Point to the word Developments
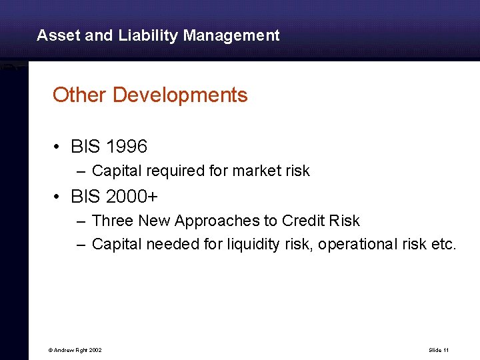(x=180, y=95)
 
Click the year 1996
(x=126, y=145)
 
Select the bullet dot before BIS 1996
(x=58, y=146)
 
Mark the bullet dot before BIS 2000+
(x=58, y=197)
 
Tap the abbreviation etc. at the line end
(x=443, y=244)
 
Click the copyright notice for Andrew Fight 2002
(x=74, y=349)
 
